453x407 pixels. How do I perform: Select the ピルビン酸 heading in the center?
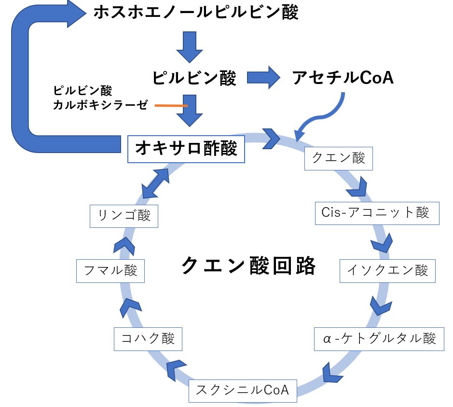click(194, 78)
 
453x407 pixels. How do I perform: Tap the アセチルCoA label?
click(343, 77)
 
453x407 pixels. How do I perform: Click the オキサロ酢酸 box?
click(186, 149)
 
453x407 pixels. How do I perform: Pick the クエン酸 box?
click(339, 158)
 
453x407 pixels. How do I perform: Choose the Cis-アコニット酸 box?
click(377, 213)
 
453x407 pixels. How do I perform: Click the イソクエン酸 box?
click(387, 270)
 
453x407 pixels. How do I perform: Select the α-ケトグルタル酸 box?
click(379, 339)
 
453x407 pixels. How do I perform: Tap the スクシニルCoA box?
click(243, 390)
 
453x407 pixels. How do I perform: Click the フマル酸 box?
click(110, 270)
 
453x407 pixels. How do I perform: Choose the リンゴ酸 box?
click(124, 215)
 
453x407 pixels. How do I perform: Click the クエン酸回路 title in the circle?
click(249, 266)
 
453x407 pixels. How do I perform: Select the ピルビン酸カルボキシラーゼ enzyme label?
click(99, 98)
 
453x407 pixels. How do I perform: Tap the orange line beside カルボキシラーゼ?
click(171, 105)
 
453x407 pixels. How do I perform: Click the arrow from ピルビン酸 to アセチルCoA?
click(264, 77)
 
